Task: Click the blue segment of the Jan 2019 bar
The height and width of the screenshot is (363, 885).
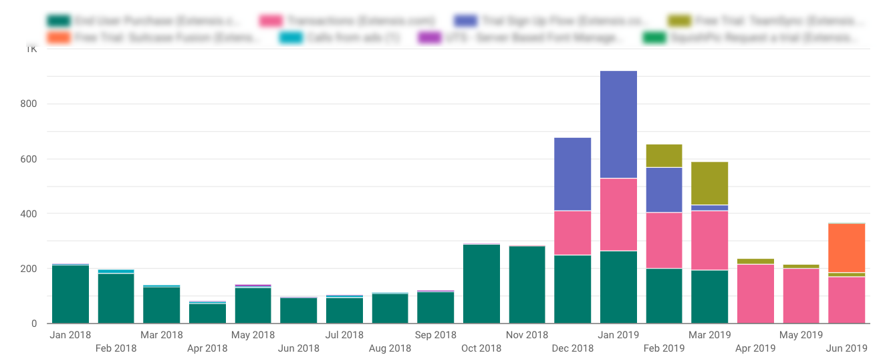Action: point(618,124)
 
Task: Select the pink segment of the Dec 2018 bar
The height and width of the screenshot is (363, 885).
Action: point(572,233)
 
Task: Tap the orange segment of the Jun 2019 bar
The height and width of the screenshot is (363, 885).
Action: point(846,247)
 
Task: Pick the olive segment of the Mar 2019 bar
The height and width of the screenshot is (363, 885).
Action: point(709,183)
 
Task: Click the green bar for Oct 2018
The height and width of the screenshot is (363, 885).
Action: point(481,283)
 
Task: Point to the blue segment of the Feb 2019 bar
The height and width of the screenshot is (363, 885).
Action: point(664,190)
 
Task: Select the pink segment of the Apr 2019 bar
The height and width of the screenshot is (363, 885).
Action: point(755,293)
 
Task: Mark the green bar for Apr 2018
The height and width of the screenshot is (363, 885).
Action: point(207,313)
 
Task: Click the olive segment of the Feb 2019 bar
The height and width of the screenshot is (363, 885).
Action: point(664,156)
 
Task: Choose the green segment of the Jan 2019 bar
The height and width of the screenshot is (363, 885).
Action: point(618,287)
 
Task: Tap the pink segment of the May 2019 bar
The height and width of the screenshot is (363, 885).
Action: point(801,295)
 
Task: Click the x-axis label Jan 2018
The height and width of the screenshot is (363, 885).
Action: point(70,334)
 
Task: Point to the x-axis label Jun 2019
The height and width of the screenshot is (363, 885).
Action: point(846,348)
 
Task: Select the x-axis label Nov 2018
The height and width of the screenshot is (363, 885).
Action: point(527,334)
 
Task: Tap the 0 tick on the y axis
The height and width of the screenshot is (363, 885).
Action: point(33,324)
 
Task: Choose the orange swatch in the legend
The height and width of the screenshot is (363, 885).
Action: point(59,37)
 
